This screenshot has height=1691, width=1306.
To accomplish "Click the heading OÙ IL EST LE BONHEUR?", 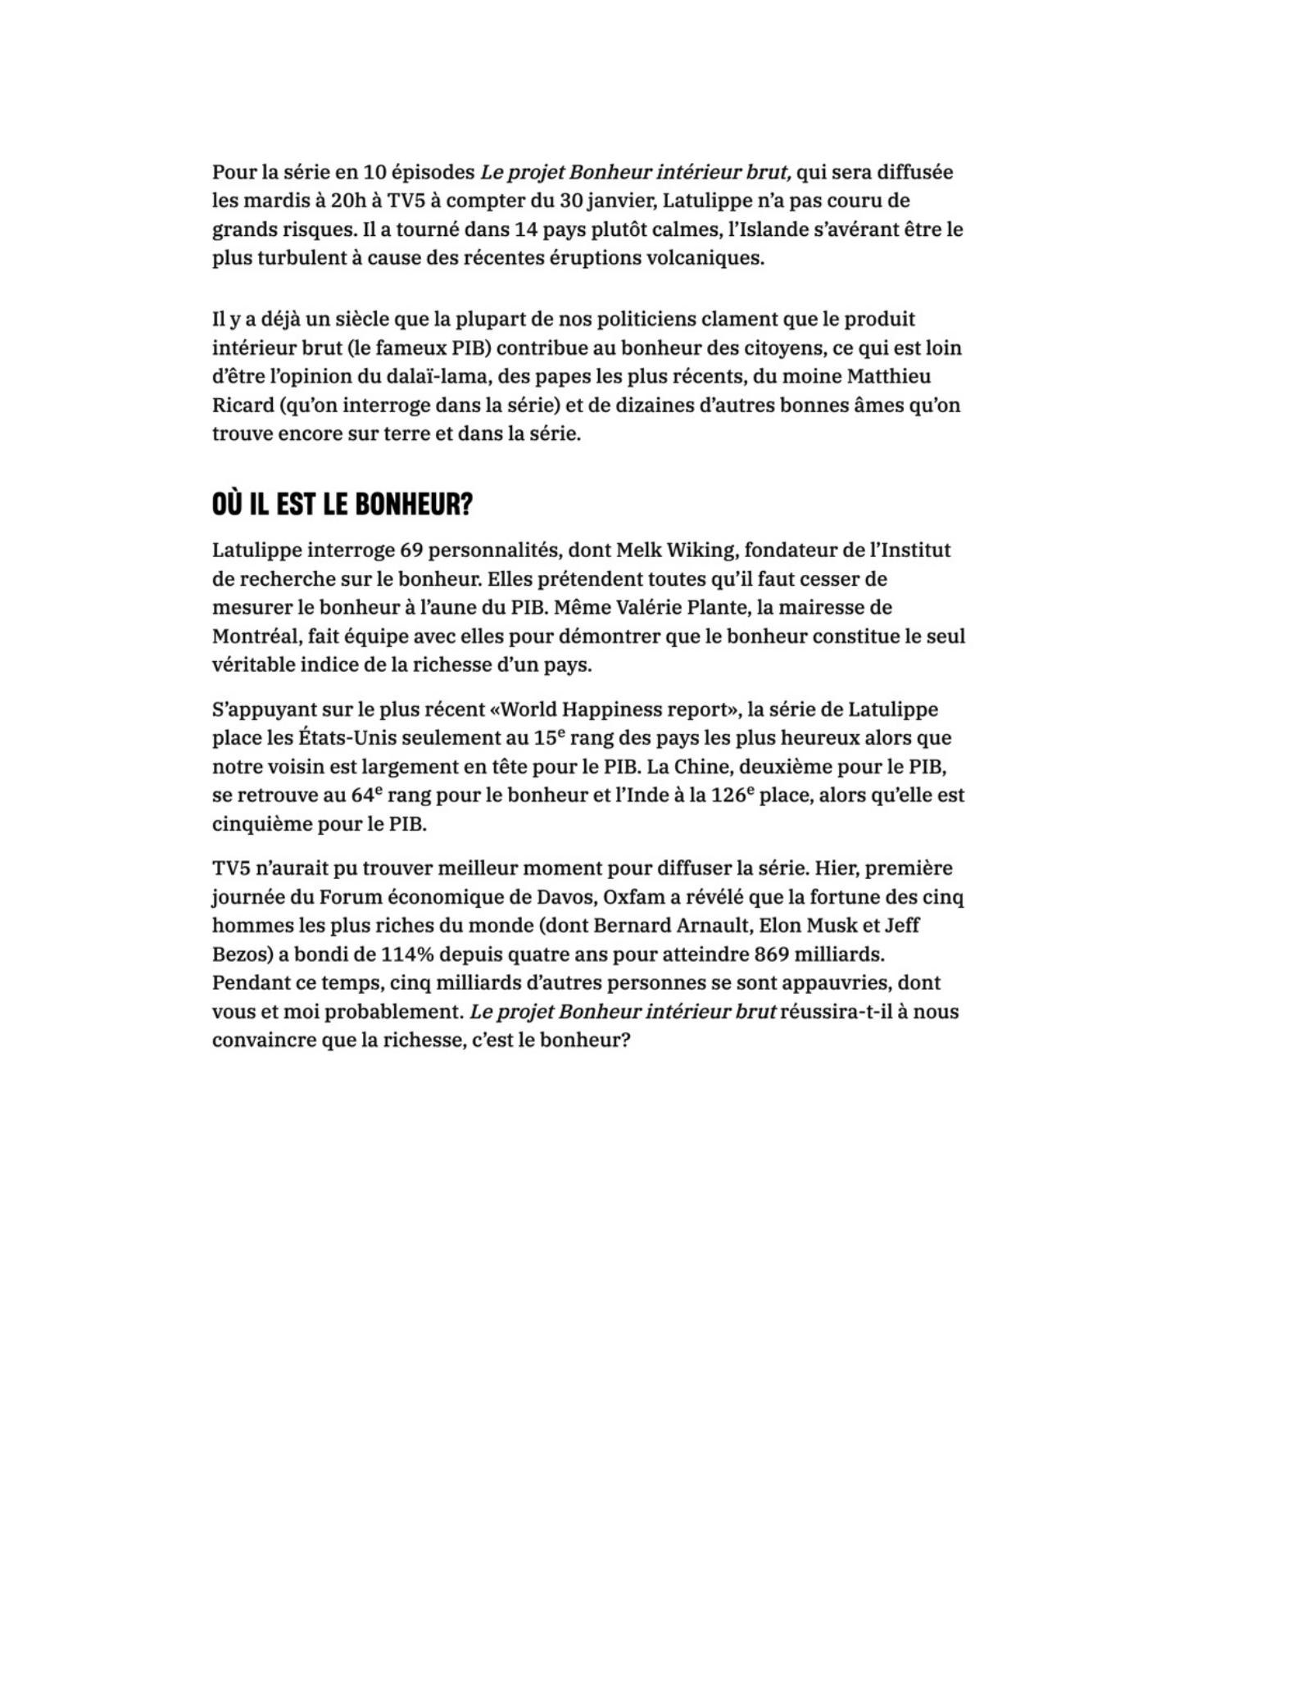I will (342, 504).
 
